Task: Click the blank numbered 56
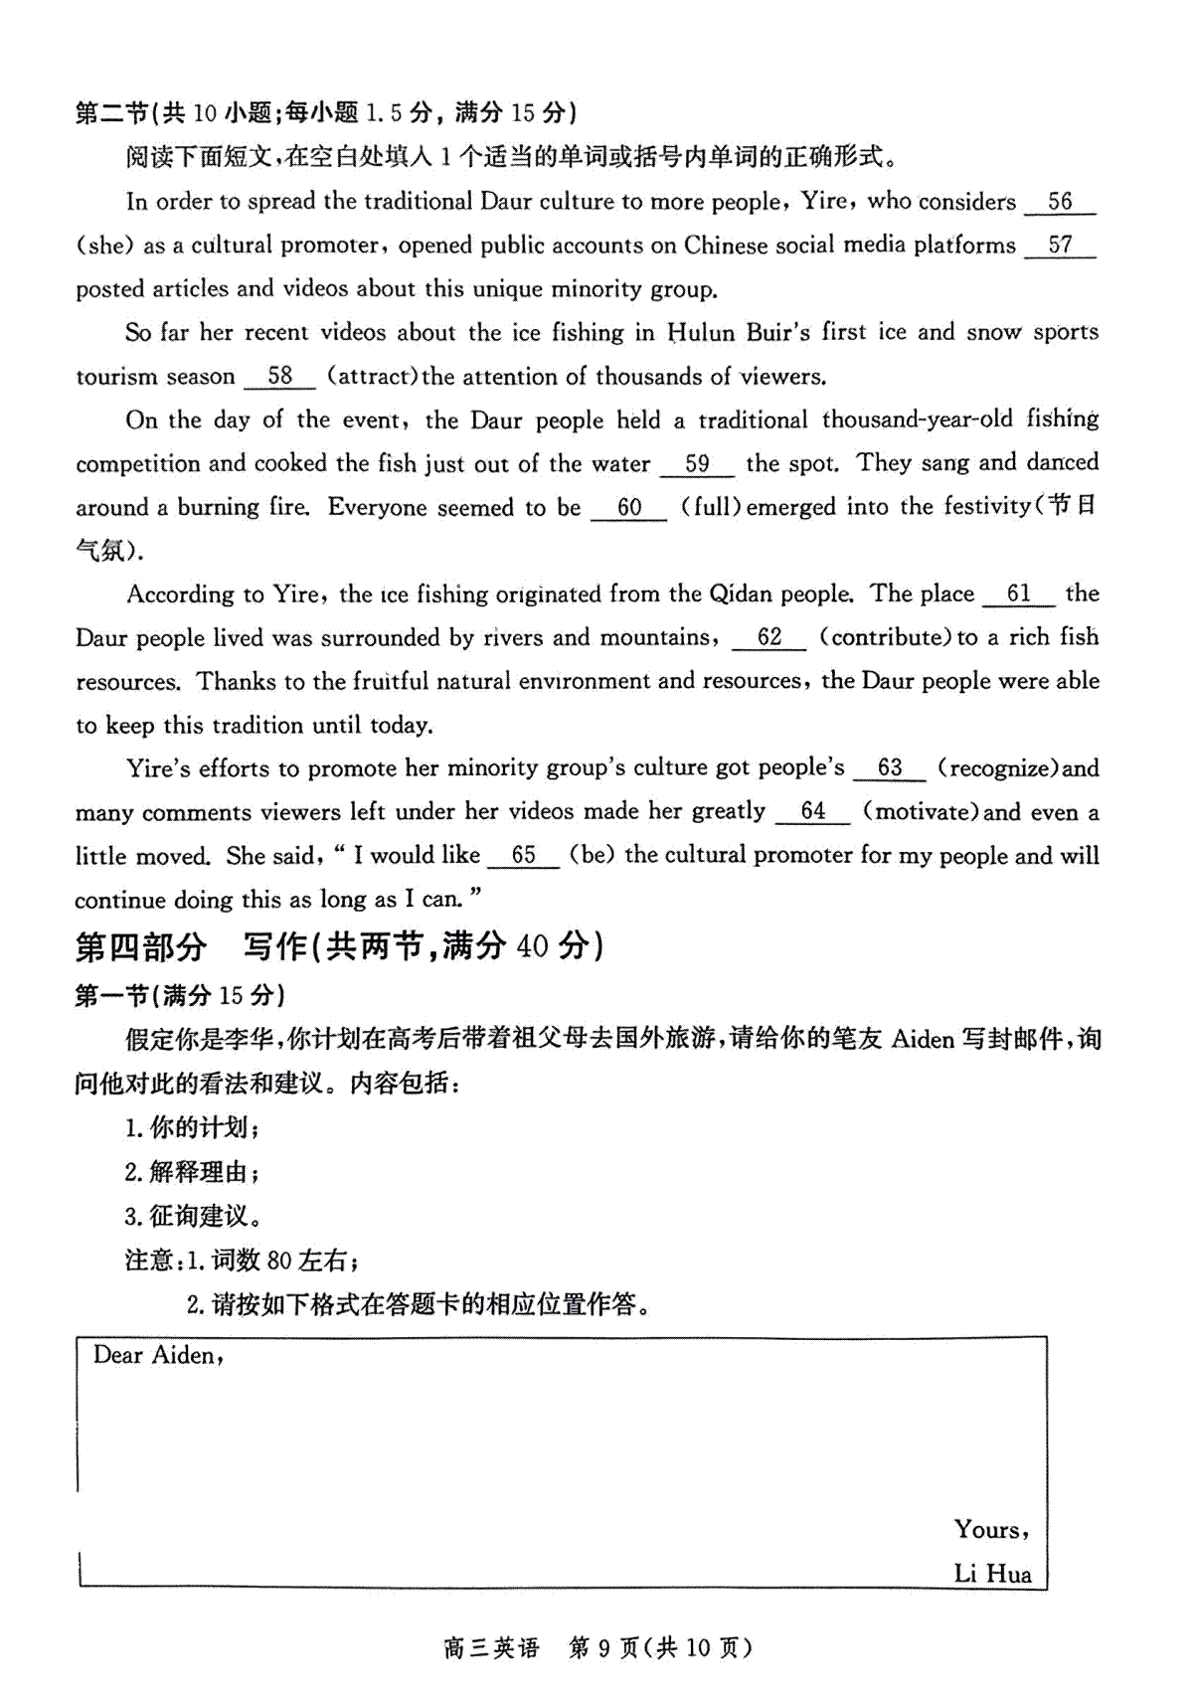click(1059, 202)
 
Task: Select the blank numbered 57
click(1059, 246)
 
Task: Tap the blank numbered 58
click(279, 377)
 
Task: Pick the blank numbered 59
click(697, 464)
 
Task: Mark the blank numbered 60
click(628, 508)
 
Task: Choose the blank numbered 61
click(1018, 594)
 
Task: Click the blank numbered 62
click(768, 638)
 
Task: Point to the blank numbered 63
click(889, 768)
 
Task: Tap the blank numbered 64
click(812, 812)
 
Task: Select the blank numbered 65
click(523, 856)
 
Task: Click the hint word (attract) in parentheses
click(374, 377)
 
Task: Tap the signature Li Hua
click(992, 1574)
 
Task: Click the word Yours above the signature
click(989, 1530)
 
